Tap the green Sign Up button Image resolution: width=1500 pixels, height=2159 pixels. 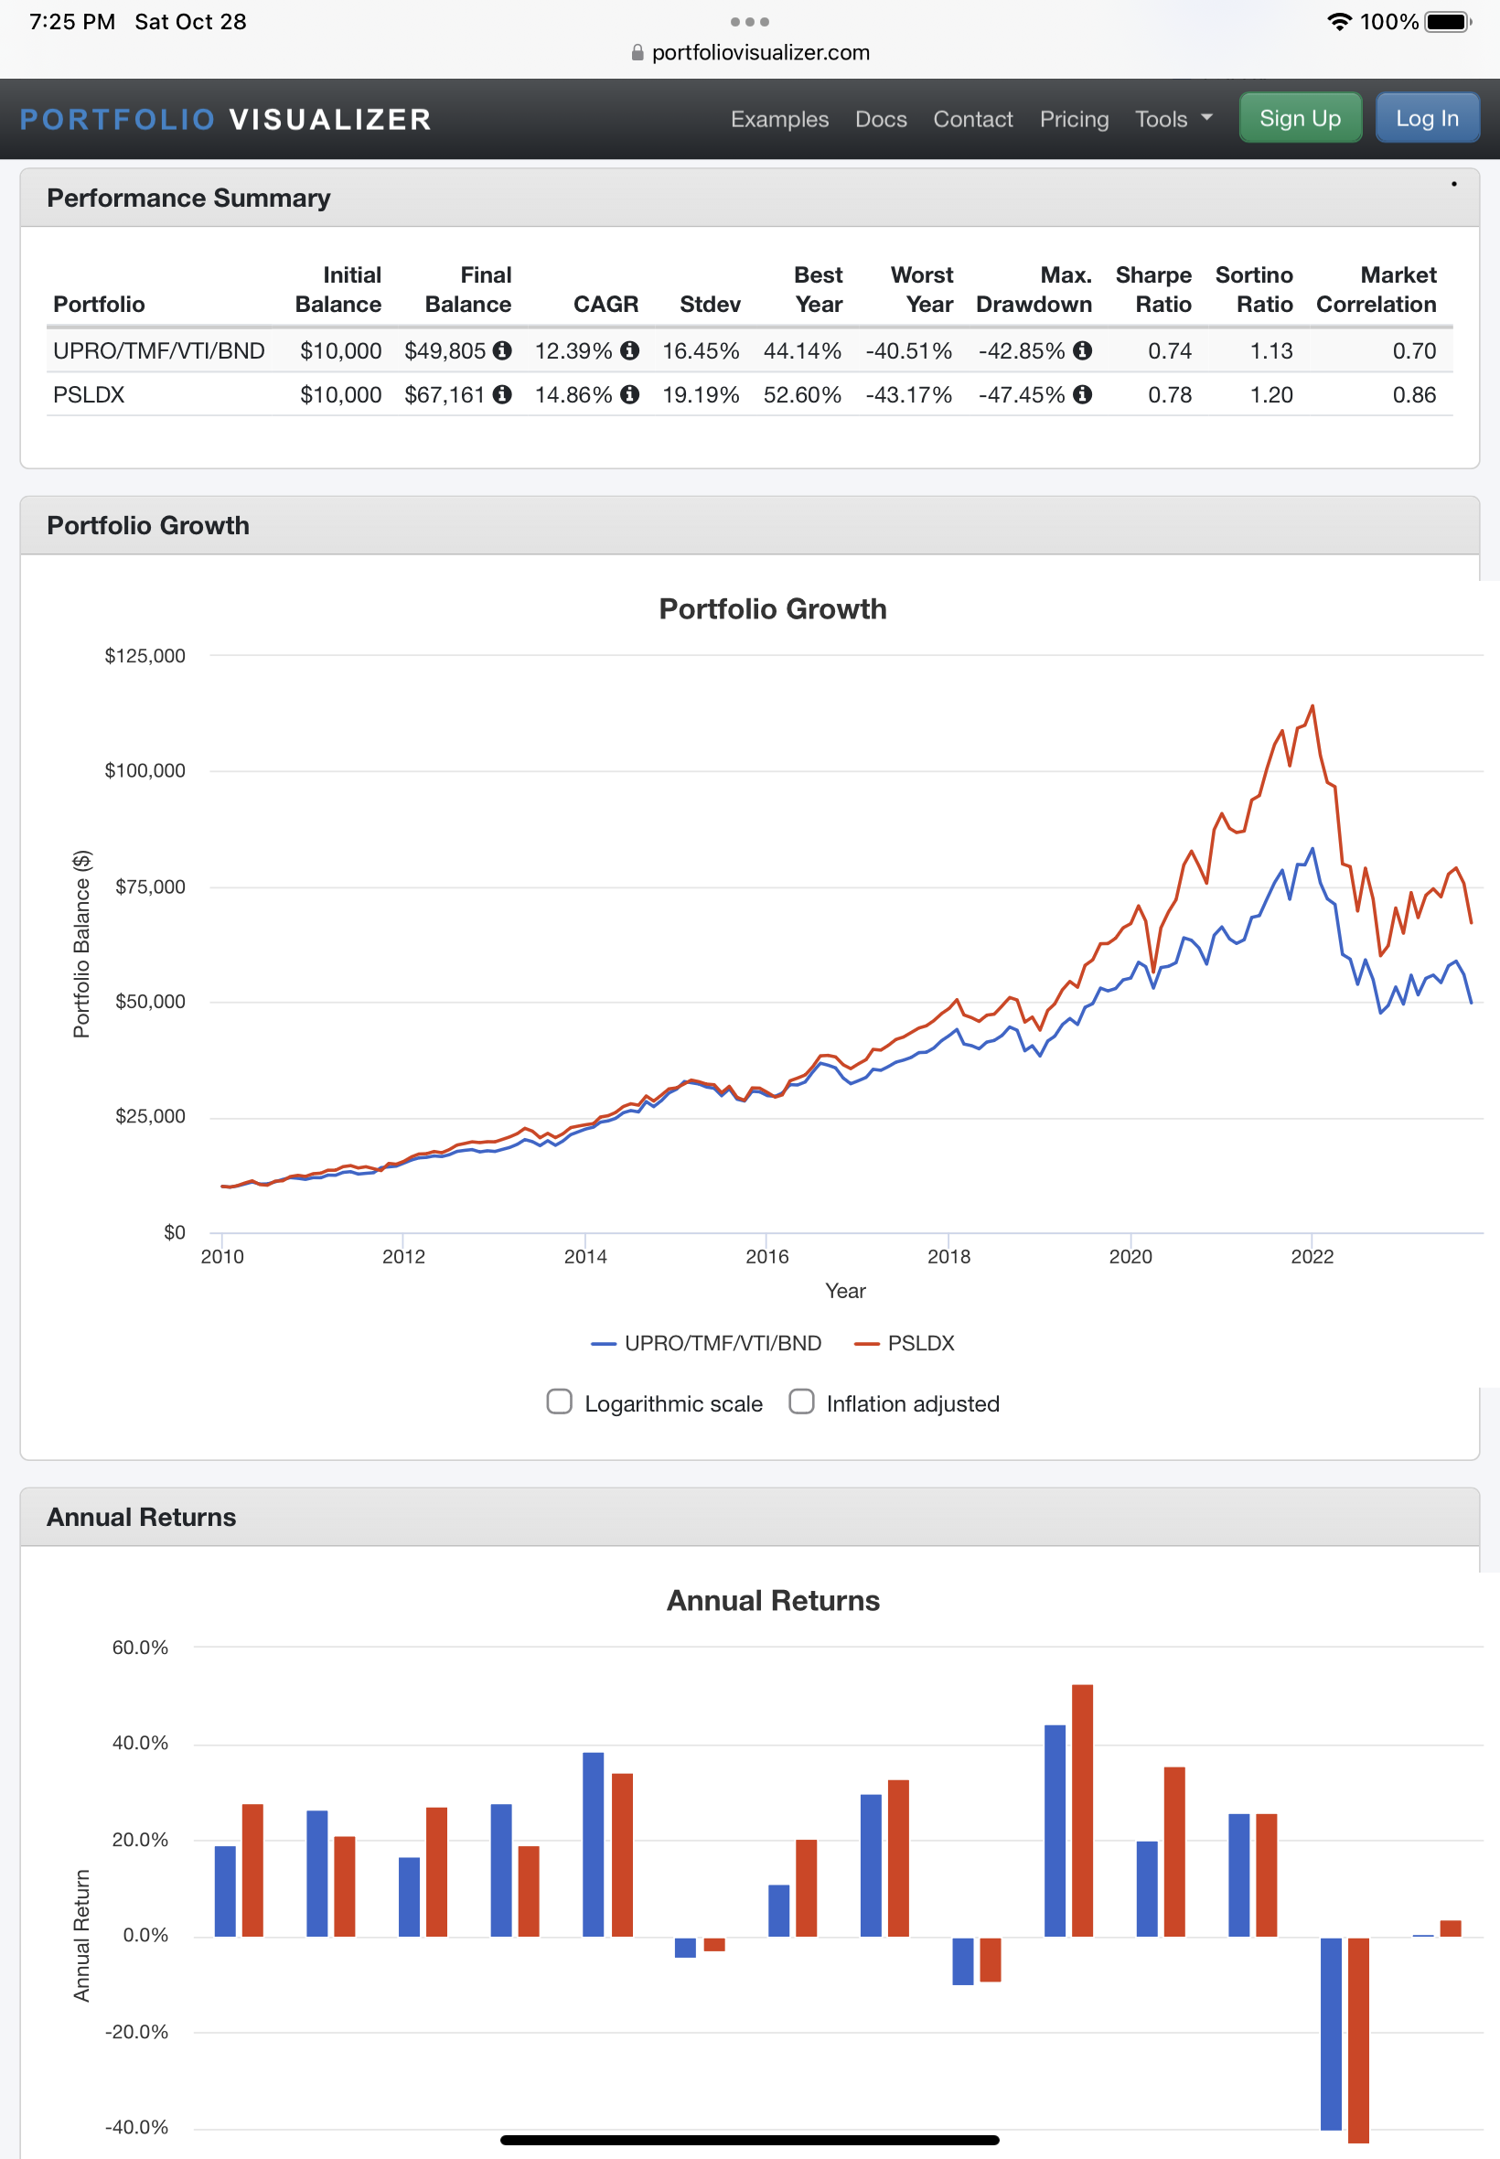pyautogui.click(x=1300, y=118)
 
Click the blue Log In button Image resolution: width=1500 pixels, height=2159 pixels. pyautogui.click(x=1427, y=118)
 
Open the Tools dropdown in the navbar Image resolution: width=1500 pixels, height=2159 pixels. pyautogui.click(x=1173, y=119)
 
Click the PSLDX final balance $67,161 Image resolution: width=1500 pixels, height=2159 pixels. pyautogui.click(x=445, y=395)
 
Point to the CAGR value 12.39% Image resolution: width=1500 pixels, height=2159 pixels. pyautogui.click(x=573, y=350)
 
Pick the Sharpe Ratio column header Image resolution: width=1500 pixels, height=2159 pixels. pyautogui.click(x=1153, y=289)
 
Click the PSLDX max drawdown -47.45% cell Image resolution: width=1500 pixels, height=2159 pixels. pyautogui.click(x=1022, y=395)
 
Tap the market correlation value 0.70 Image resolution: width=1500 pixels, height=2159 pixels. pyautogui.click(x=1413, y=350)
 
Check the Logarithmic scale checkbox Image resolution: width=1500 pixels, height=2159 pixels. pyautogui.click(x=559, y=1402)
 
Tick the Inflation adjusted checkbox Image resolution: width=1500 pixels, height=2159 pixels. pyautogui.click(x=800, y=1402)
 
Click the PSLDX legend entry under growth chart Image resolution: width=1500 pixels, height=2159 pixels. pyautogui.click(x=905, y=1343)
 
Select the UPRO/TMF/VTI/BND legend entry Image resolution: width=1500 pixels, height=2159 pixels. pyautogui.click(x=706, y=1343)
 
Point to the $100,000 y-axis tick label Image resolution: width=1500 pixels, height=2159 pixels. pyautogui.click(x=145, y=770)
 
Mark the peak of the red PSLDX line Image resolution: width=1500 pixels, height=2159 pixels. pyautogui.click(x=1312, y=705)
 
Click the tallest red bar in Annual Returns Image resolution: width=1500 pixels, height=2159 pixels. pyautogui.click(x=1082, y=1810)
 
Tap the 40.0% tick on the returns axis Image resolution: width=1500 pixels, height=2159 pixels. pyautogui.click(x=140, y=1743)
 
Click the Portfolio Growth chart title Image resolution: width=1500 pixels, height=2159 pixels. pyautogui.click(x=773, y=609)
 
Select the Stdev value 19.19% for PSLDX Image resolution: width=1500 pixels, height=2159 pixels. pyautogui.click(x=701, y=395)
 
